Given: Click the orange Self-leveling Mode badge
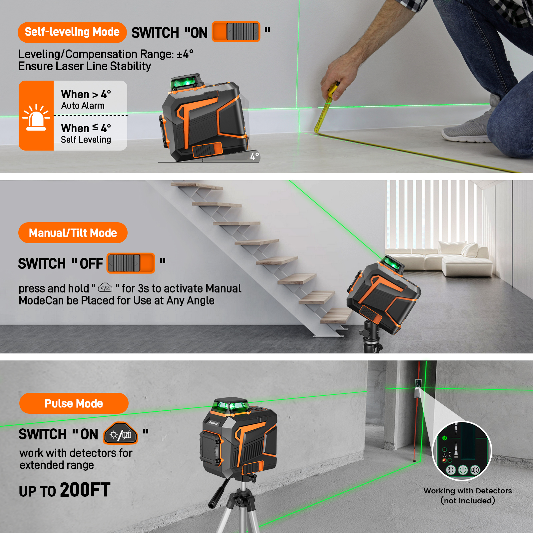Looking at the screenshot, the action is coord(72,32).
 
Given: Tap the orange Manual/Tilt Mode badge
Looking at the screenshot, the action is coord(73,233).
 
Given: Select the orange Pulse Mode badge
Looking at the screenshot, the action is coord(74,403).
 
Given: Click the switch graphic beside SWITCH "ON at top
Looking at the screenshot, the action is coord(236,32).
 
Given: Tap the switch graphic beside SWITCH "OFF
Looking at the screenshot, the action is coord(131,263).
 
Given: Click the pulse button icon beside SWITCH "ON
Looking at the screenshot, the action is coord(121,434).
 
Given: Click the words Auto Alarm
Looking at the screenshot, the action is coord(83,106).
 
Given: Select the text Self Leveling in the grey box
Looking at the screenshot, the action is coord(86,140).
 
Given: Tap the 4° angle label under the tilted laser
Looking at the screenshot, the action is coord(255,156).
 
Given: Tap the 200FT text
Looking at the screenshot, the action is coord(85,490).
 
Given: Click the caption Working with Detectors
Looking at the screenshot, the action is coord(468,491).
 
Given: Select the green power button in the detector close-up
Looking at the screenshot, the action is coord(463,470).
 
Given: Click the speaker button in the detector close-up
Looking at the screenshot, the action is coord(475,470).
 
